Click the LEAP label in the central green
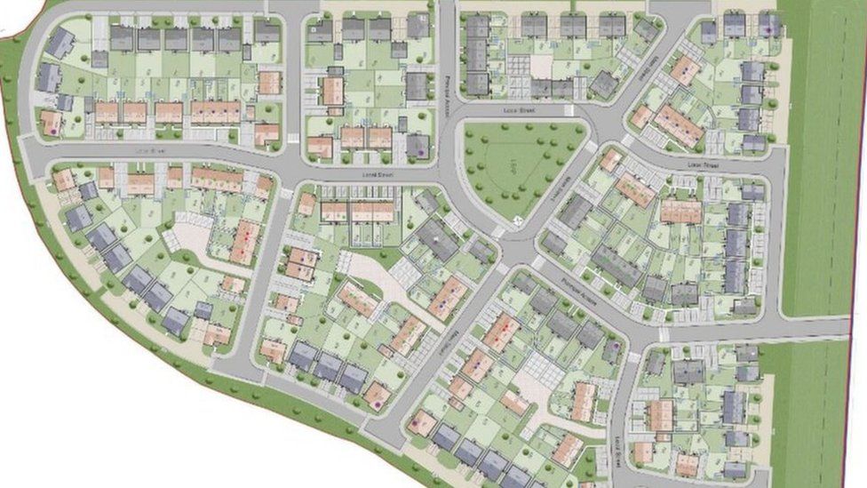click(513, 165)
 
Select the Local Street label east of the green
click(702, 165)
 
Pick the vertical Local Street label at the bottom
click(615, 444)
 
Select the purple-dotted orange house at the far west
click(52, 124)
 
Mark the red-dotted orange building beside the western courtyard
click(245, 241)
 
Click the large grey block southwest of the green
click(437, 239)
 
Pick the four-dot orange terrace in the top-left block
click(216, 111)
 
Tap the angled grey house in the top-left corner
click(60, 42)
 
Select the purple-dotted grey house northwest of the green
click(418, 145)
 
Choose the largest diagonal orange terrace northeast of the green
click(679, 125)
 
